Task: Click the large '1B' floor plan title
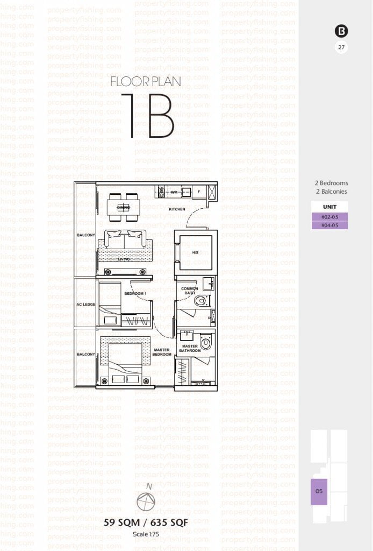point(147,115)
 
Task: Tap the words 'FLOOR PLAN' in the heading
point(145,82)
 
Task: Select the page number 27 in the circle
point(341,47)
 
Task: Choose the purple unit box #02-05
point(329,216)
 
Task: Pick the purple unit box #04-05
point(329,225)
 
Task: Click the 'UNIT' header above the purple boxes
point(329,207)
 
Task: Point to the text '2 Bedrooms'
point(331,183)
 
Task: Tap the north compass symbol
point(146,502)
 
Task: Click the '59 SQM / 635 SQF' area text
point(146,523)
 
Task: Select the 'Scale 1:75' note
point(146,534)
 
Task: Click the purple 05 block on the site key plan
point(319,491)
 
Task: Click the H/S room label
point(195,252)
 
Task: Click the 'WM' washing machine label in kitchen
point(174,192)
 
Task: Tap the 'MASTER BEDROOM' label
point(162,352)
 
